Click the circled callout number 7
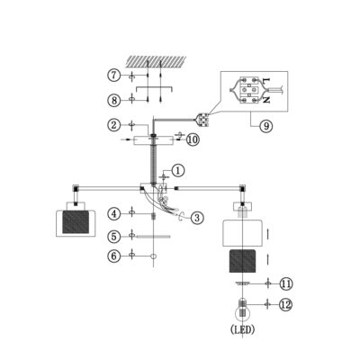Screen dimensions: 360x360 (x=114, y=75)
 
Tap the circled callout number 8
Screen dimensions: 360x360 (x=114, y=100)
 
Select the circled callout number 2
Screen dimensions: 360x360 (x=114, y=125)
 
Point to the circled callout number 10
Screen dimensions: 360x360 (x=193, y=139)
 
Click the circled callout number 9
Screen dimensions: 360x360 (x=266, y=126)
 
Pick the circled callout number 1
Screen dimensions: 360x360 (x=178, y=171)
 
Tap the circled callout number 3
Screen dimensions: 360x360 (x=197, y=218)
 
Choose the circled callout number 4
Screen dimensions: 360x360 (x=114, y=213)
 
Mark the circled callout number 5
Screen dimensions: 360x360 (x=114, y=237)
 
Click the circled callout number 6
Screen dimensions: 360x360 (x=114, y=256)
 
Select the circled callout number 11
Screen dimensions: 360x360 (x=286, y=283)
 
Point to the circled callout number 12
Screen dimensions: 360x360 (x=285, y=305)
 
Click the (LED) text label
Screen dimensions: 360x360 (x=243, y=330)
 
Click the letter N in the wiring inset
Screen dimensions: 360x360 (x=265, y=100)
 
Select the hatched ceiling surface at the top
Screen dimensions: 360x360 (x=156, y=61)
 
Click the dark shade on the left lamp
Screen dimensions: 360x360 (x=76, y=222)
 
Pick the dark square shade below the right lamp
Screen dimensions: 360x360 (x=242, y=261)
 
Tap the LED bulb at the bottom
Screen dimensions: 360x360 (x=242, y=313)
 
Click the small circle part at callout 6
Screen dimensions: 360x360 (x=153, y=256)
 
